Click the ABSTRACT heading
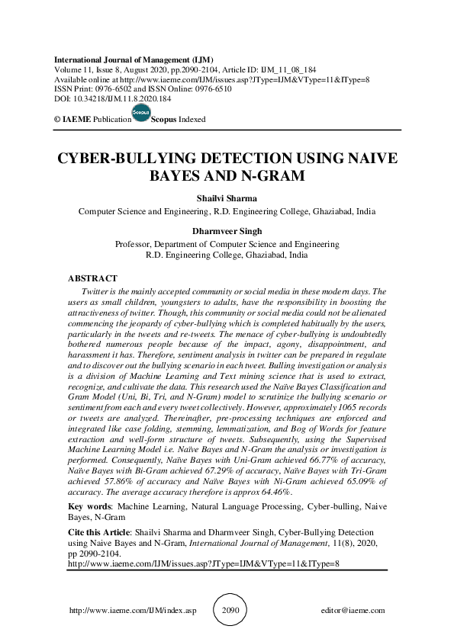[x=92, y=279]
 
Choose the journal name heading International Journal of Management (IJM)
[x=134, y=59]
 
